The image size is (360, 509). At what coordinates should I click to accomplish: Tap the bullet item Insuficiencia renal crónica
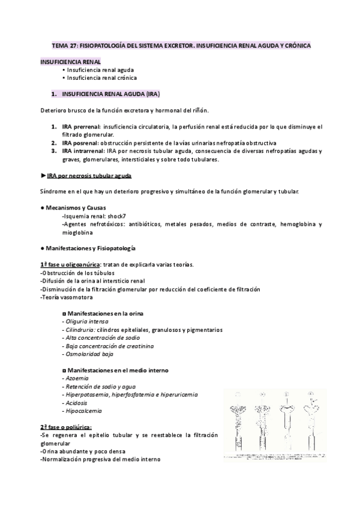(101, 77)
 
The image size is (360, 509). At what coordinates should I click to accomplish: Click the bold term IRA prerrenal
(80, 127)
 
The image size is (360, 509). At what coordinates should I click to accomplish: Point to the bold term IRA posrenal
(80, 143)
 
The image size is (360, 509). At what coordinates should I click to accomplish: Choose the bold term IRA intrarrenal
(82, 151)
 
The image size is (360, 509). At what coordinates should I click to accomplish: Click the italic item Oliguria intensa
(86, 322)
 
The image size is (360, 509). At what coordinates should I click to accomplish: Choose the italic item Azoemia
(75, 379)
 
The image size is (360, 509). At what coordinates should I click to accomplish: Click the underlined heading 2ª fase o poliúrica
(67, 426)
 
